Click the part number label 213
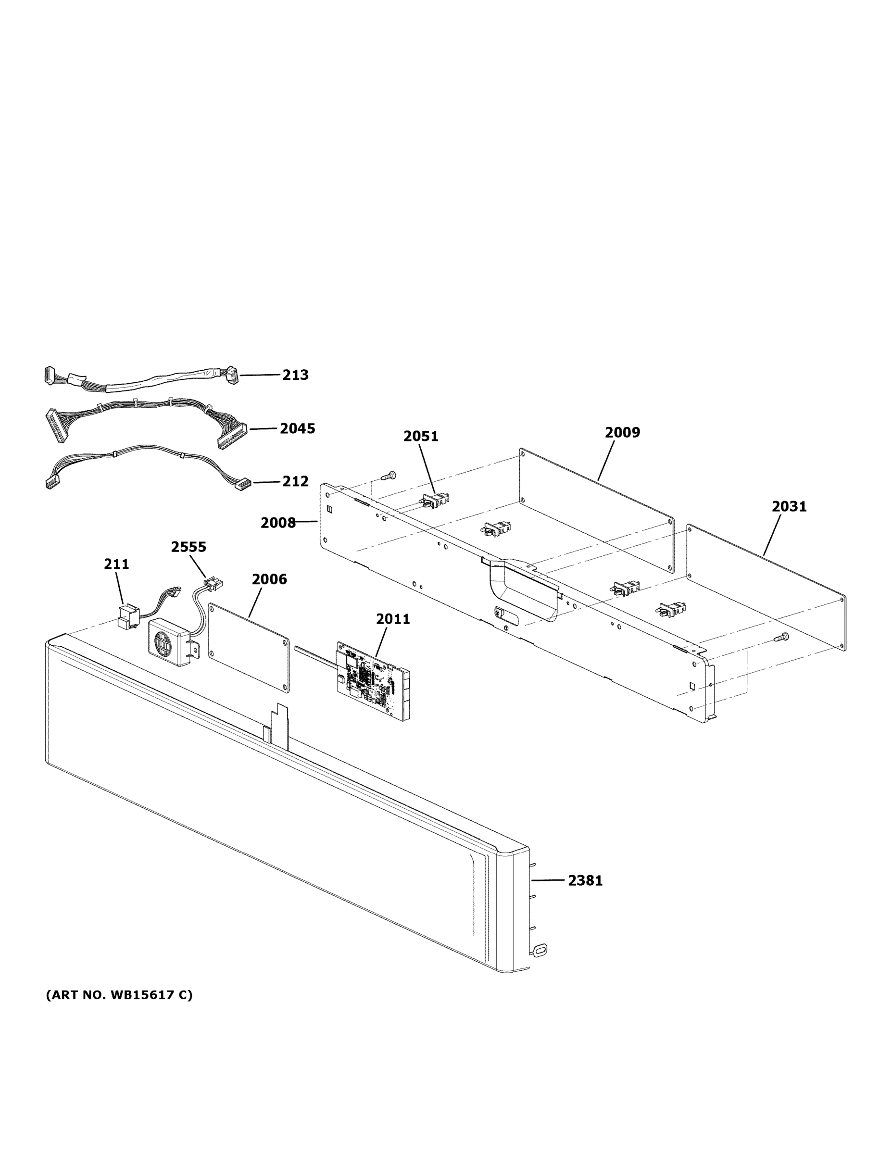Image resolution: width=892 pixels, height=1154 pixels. coord(295,375)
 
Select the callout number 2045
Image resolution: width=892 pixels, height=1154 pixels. coord(297,428)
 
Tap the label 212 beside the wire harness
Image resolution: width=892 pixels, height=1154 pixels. coord(295,481)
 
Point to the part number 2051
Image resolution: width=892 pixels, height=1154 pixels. coord(421,436)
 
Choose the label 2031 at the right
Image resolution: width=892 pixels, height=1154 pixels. coord(789,506)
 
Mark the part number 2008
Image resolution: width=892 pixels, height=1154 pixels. coord(278,523)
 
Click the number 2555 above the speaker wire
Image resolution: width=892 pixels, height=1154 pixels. coord(188,547)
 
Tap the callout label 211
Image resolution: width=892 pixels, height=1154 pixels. coord(116,564)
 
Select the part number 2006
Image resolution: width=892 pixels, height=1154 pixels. coord(269,579)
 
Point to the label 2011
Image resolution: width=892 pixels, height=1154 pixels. coord(393,619)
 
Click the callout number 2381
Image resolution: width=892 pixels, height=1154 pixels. coord(585,880)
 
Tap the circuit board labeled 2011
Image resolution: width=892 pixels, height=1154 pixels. coord(373,679)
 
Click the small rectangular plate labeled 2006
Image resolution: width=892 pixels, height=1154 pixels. coord(248,647)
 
